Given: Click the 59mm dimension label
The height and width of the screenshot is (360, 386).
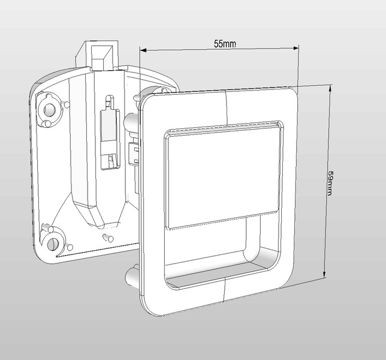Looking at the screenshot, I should (x=331, y=184).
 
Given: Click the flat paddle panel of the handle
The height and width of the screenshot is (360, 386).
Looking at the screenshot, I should (x=223, y=178).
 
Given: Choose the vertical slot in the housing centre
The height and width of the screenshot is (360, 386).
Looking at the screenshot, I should (x=109, y=132).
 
